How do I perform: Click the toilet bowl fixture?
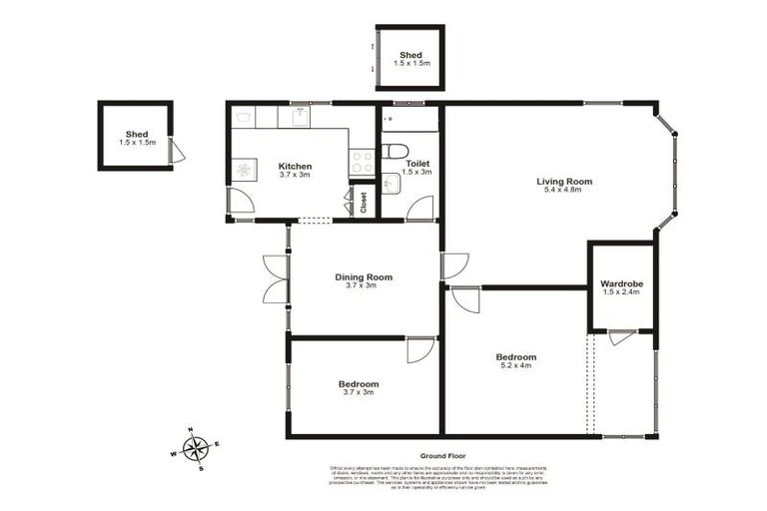[x=394, y=152]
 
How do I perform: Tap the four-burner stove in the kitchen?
[x=362, y=161]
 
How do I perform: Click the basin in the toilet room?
[x=389, y=184]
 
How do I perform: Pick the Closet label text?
[x=364, y=203]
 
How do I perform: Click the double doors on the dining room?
[x=274, y=278]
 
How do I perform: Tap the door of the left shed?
[x=177, y=152]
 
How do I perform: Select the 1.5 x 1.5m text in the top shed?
[x=409, y=64]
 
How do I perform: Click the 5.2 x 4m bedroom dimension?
[x=515, y=366]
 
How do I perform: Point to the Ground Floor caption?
[x=443, y=455]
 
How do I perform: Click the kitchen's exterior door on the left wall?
[x=239, y=203]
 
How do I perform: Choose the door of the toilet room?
[x=419, y=209]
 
